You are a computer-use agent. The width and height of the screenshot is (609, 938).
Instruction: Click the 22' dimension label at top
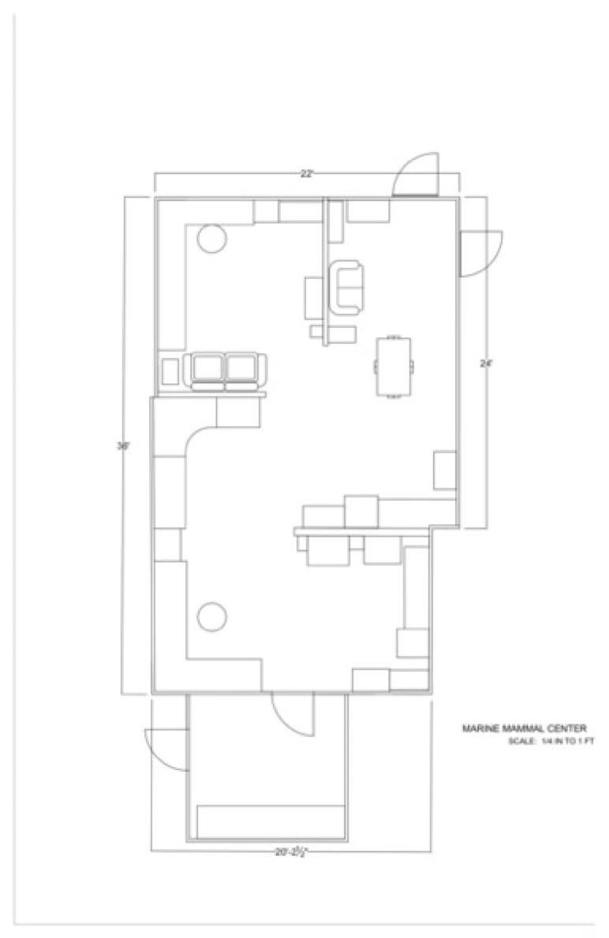coord(307,173)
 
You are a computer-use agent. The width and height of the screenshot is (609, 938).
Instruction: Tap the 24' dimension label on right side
coord(485,363)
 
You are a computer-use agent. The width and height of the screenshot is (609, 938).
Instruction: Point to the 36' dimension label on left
coord(123,445)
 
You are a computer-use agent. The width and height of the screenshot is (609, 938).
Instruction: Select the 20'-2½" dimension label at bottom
coord(291,852)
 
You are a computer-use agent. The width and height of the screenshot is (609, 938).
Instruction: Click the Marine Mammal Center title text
coord(524,728)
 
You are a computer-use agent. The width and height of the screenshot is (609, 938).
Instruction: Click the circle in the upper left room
coord(212,239)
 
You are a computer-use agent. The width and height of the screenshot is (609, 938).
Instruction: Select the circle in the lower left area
coord(212,616)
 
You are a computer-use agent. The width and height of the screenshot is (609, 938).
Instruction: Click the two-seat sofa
coord(225,371)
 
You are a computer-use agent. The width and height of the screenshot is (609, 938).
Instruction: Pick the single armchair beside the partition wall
coord(348,287)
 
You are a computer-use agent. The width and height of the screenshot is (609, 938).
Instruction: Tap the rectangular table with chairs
coord(394,366)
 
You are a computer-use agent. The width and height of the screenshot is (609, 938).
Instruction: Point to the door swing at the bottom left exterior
coord(166,749)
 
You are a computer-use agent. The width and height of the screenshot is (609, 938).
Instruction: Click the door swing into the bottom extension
coord(292,714)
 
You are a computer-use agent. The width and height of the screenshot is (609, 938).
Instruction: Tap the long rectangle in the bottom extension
coord(271,822)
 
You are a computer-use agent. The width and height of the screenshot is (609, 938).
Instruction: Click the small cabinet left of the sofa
coord(170,371)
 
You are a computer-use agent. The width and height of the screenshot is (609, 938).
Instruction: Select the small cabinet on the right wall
coord(445,471)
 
